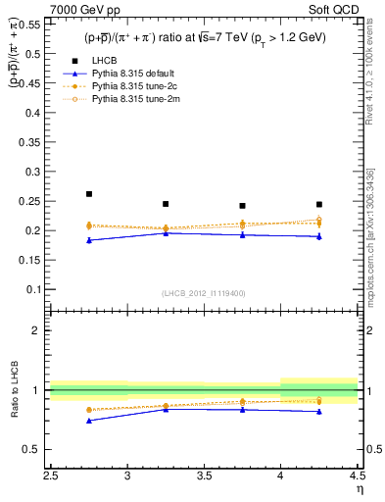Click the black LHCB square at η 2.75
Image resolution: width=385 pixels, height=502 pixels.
(89, 194)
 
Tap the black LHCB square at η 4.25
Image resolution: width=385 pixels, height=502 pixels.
(319, 204)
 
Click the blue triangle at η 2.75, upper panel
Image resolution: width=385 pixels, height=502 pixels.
(89, 240)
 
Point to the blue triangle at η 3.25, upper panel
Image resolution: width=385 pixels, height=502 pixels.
(166, 233)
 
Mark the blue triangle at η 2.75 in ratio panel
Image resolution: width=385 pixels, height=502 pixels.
(89, 421)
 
